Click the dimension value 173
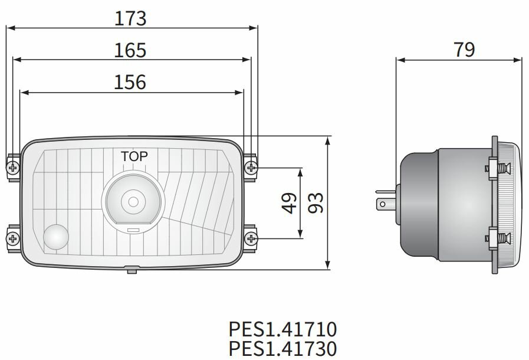(130, 18)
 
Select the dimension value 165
(130, 50)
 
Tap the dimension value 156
(130, 82)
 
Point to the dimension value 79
(464, 50)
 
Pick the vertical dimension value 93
(316, 203)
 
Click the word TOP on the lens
(134, 156)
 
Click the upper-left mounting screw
(13, 168)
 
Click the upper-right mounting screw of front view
(251, 168)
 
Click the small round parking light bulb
(56, 237)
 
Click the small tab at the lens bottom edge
(132, 270)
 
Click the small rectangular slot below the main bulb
(133, 229)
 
